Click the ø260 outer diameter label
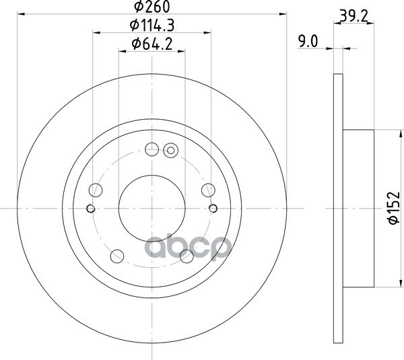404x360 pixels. tap(152, 7)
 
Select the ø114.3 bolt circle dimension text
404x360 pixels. tap(152, 26)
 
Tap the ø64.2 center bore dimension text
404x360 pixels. tap(152, 44)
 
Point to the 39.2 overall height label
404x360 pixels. tap(353, 17)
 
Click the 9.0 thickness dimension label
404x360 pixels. tap(308, 41)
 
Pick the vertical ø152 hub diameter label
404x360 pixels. tap(394, 208)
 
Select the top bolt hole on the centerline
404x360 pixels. tap(151, 149)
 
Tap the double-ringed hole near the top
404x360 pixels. tap(171, 150)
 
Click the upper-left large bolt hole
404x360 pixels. tap(96, 190)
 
